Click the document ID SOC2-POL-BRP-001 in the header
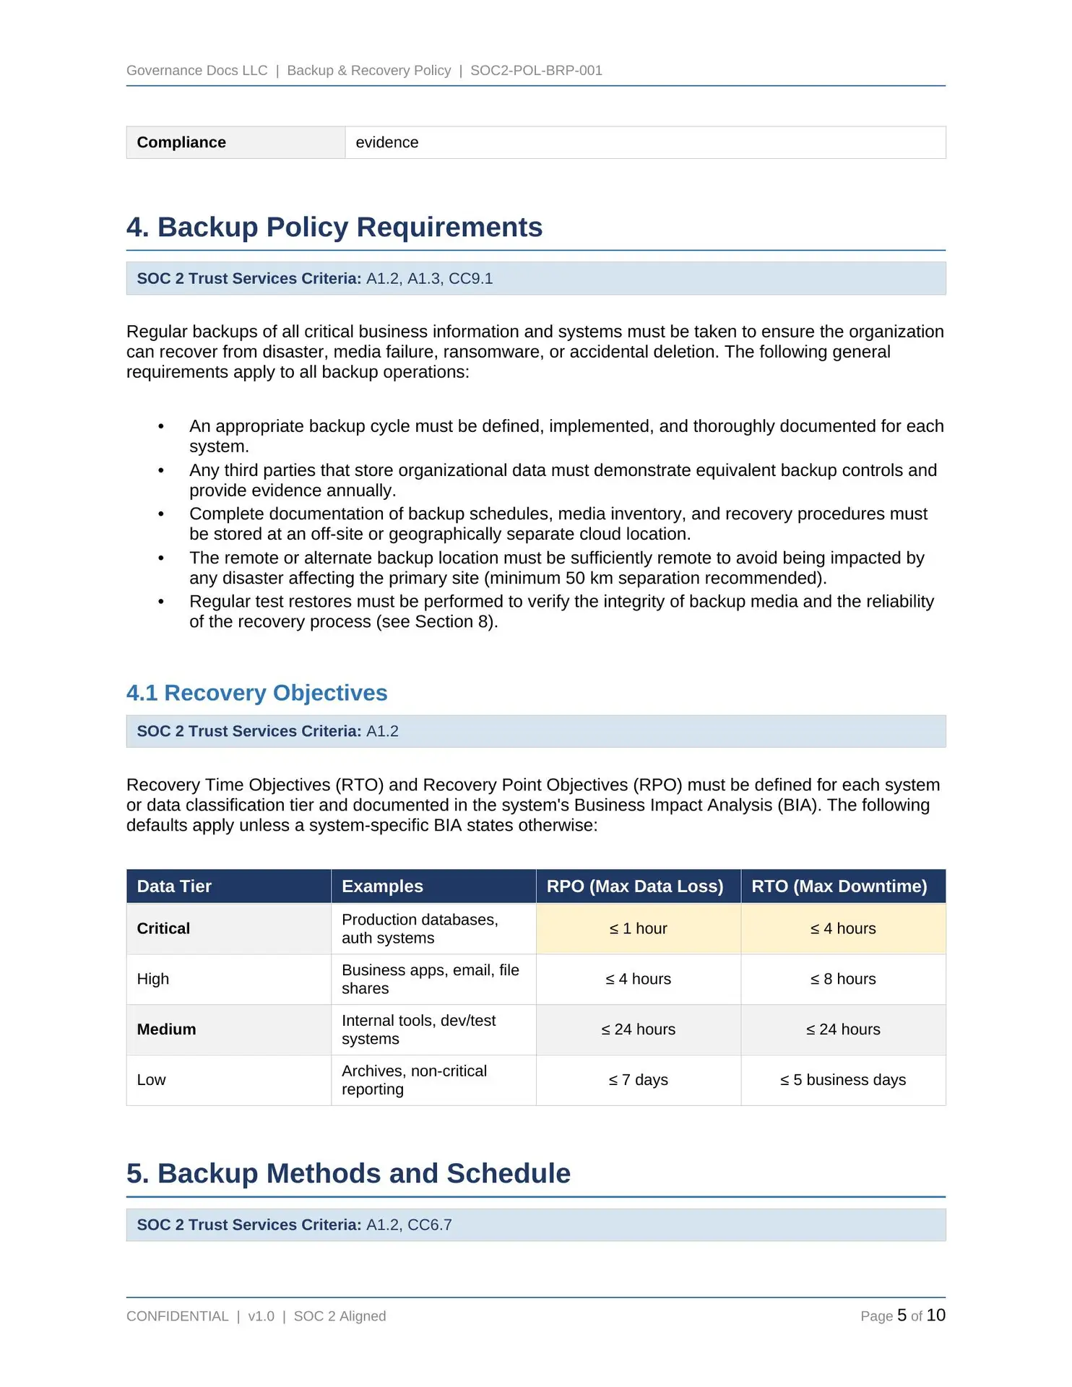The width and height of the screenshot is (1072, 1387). tap(536, 70)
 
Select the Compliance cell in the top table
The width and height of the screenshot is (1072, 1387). tap(181, 142)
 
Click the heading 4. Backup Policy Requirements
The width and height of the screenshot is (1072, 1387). tap(334, 227)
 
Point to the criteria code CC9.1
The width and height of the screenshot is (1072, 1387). tap(470, 279)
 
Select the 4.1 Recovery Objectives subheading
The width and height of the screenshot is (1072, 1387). tap(256, 693)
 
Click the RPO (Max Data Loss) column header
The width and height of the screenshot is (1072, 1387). tap(634, 886)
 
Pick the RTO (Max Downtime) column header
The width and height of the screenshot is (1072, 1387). tap(839, 886)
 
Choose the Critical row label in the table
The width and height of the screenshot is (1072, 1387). tap(163, 929)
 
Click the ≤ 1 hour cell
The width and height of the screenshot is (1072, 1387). tap(638, 929)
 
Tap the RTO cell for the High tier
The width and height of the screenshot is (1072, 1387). tap(842, 979)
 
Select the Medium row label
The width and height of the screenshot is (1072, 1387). tap(166, 1029)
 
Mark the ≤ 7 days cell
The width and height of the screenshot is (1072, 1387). tap(638, 1080)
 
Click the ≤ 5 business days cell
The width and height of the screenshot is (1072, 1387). tap(842, 1080)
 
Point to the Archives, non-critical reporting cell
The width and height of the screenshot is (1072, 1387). tap(414, 1080)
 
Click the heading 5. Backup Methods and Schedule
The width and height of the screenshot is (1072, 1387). tap(348, 1173)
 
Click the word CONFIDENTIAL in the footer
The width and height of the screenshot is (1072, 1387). tap(177, 1316)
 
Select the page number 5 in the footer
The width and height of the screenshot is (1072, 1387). tap(902, 1315)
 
